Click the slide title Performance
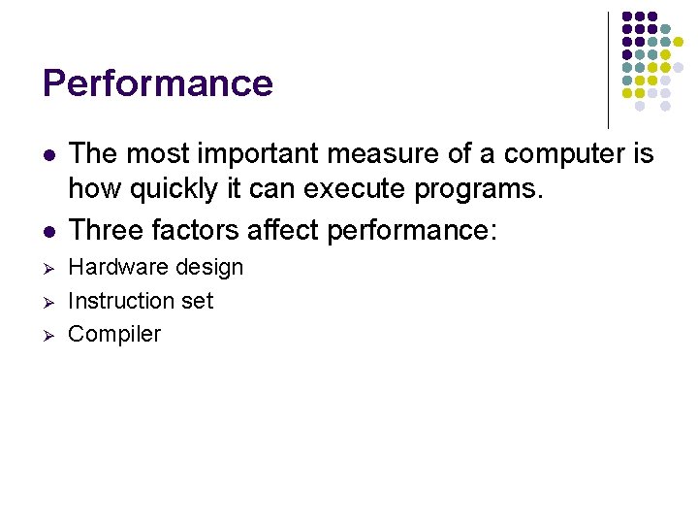click(158, 83)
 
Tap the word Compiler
click(114, 335)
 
